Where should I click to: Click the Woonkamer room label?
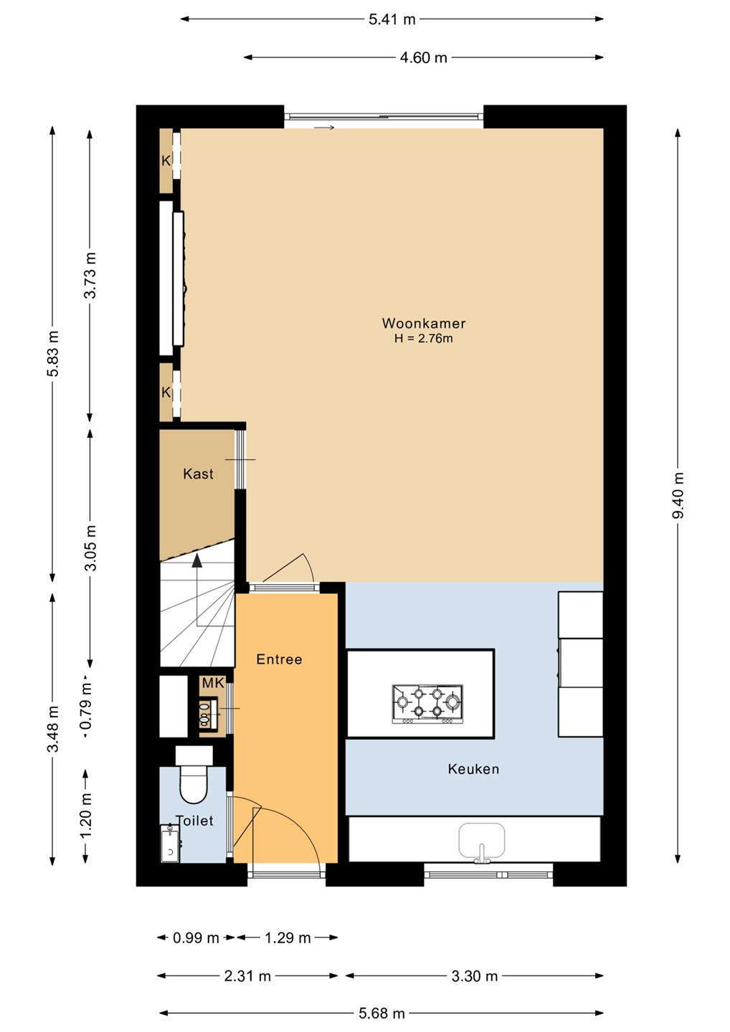pos(424,323)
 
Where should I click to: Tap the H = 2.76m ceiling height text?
pos(424,338)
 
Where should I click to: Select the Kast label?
pos(198,474)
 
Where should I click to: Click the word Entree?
pos(279,659)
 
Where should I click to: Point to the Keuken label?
pos(474,769)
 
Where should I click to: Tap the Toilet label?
pos(194,821)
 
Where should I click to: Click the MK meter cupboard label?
pos(213,683)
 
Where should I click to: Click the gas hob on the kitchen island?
pos(427,704)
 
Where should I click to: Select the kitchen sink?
pos(482,840)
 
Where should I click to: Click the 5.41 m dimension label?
pos(392,19)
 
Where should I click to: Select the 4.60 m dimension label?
pos(424,57)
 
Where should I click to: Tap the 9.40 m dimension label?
pos(678,494)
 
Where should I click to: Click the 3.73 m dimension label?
pos(90,275)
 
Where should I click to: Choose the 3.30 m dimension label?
pos(475,976)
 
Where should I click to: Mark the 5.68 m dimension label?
pos(381,1013)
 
